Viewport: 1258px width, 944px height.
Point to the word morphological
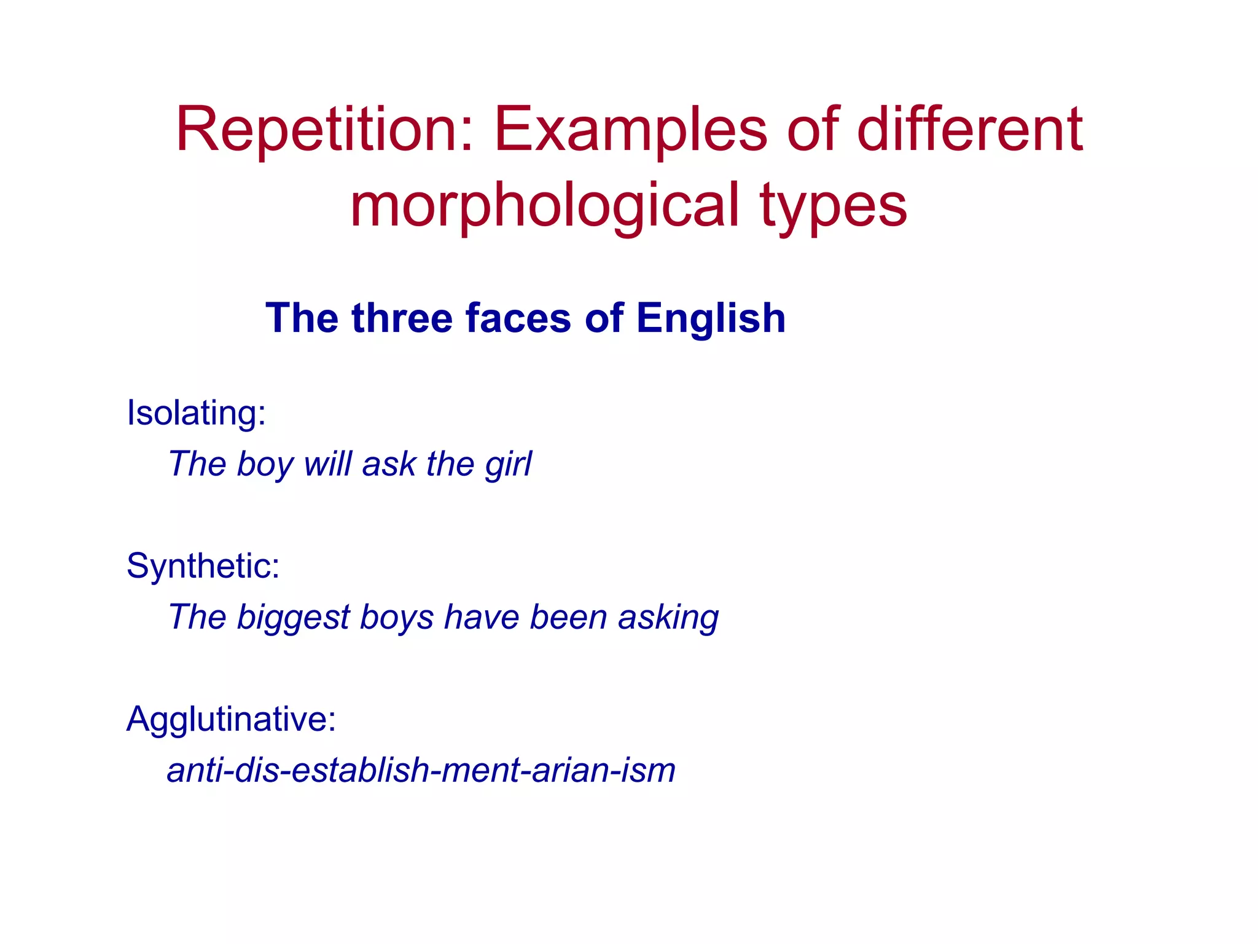[x=544, y=206]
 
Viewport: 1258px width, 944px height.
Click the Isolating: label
[x=196, y=412]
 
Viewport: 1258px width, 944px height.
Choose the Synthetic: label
[x=203, y=565]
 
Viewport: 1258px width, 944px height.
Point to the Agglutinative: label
[x=231, y=718]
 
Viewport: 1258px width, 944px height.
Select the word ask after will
[x=389, y=463]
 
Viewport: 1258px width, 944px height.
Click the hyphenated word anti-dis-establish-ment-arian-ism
[x=421, y=770]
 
